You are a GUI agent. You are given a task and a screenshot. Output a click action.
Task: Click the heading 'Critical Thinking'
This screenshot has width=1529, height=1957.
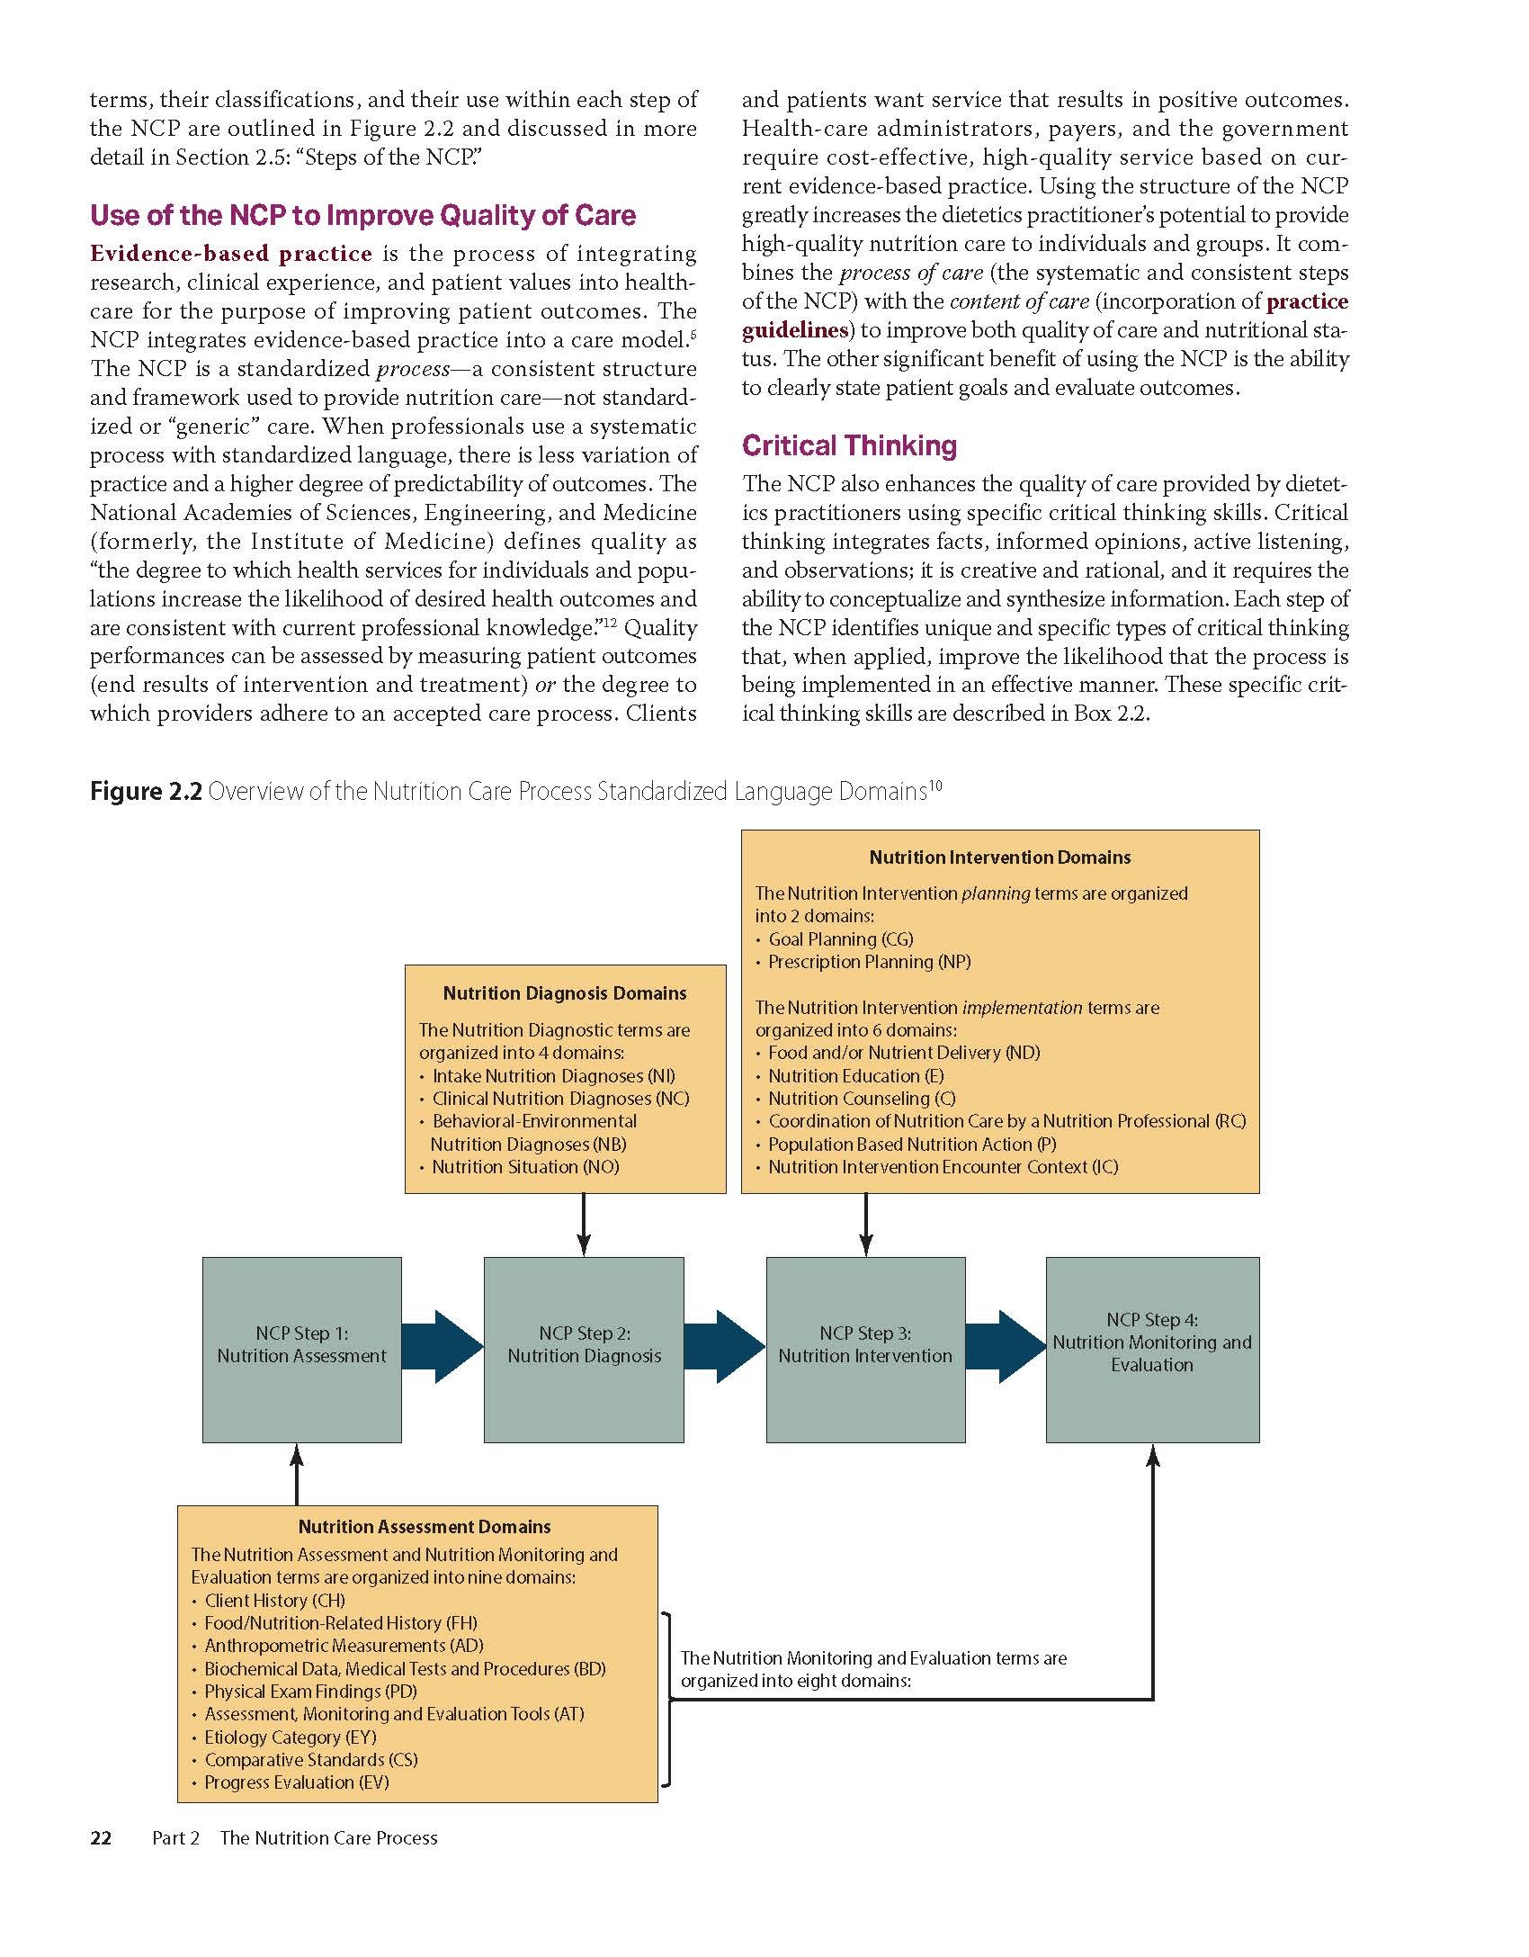849,445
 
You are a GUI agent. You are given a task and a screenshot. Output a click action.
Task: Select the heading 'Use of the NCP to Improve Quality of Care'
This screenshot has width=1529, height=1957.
362,215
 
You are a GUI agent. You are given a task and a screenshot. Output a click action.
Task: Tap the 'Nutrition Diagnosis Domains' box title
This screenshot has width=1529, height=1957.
565,993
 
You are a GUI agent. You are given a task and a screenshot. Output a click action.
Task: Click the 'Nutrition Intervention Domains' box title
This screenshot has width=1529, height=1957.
1000,857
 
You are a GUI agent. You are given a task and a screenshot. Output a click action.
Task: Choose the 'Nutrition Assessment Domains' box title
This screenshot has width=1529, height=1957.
425,1527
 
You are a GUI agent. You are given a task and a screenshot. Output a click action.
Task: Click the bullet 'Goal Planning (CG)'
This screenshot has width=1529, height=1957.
840,939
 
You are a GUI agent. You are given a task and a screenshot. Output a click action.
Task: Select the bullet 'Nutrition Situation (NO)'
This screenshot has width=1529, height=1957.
525,1167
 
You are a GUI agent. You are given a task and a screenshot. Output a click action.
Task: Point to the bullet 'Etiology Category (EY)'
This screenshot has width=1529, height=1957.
290,1737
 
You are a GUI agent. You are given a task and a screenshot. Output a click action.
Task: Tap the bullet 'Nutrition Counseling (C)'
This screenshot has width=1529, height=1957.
861,1099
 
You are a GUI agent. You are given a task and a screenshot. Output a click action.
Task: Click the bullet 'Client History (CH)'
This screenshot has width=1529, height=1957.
274,1601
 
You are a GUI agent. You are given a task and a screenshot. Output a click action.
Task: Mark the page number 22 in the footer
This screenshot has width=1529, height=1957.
101,1838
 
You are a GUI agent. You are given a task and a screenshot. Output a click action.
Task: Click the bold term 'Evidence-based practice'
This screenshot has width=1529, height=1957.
231,254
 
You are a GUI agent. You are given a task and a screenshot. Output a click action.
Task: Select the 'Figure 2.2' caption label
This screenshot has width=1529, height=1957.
146,792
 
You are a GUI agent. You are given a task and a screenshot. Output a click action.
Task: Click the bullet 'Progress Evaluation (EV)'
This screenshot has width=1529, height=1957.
296,1782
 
